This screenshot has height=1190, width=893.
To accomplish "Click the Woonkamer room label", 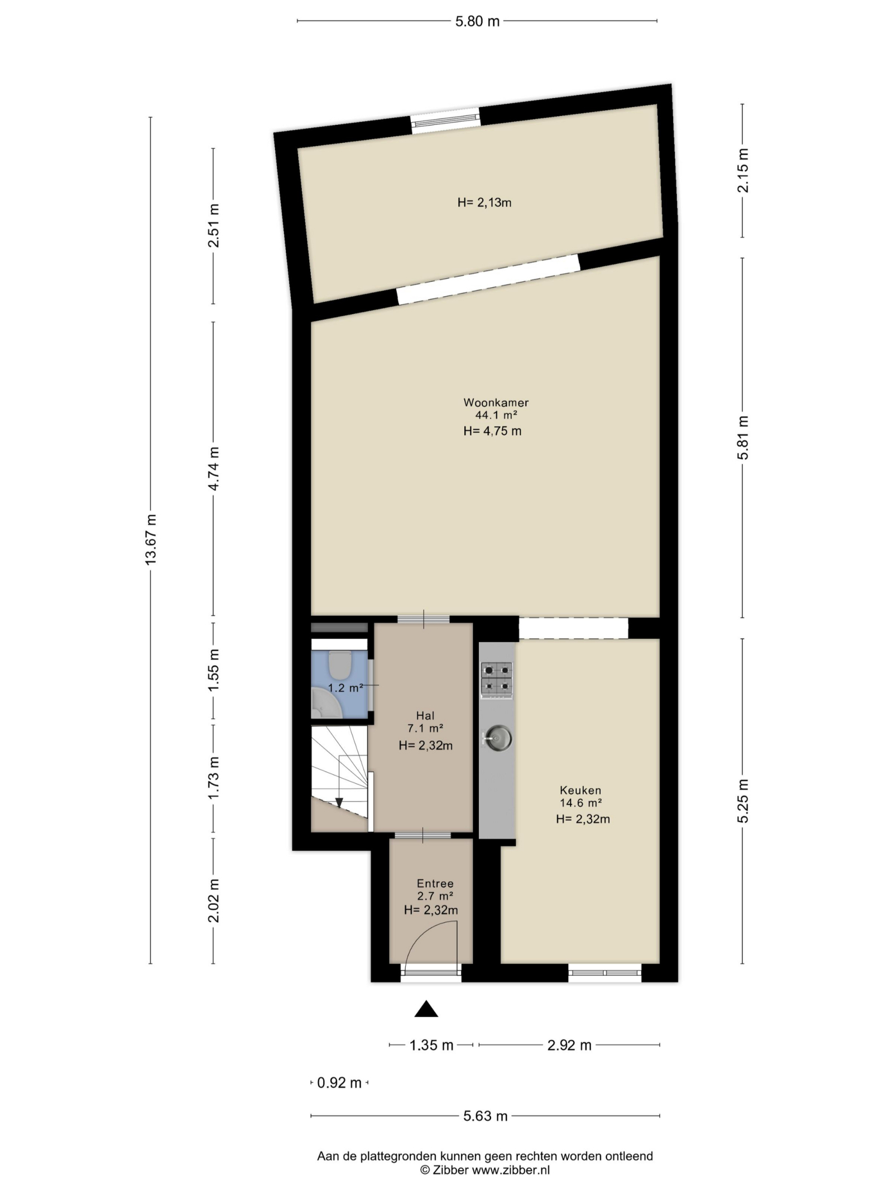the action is click(x=496, y=402).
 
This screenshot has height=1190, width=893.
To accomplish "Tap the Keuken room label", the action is click(x=580, y=790).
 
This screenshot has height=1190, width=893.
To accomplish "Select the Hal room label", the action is click(x=425, y=715).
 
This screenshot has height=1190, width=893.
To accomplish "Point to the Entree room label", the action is click(x=435, y=883).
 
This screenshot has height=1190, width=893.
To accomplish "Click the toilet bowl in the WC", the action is click(x=339, y=663).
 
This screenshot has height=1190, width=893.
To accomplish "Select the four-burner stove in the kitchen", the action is click(x=496, y=680).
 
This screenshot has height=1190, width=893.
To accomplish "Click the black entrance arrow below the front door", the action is click(x=426, y=1008).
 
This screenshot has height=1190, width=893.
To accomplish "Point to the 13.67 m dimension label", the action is click(x=151, y=539).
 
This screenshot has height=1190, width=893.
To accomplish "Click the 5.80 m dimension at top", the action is click(x=477, y=21).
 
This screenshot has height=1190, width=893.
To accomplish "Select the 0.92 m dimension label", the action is click(x=339, y=1083).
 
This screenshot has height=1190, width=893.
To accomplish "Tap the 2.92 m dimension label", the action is click(x=569, y=1045).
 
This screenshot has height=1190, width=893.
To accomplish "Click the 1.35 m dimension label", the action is click(x=431, y=1045).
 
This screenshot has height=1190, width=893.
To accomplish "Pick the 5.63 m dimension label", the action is click(x=485, y=1116).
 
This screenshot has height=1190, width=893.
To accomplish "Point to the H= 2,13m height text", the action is click(x=484, y=203).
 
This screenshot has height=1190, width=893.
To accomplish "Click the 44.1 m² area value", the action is click(x=496, y=415).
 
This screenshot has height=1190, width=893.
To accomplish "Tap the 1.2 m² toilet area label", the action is click(x=345, y=688).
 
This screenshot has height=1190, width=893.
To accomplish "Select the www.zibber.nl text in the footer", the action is click(x=511, y=1170).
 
